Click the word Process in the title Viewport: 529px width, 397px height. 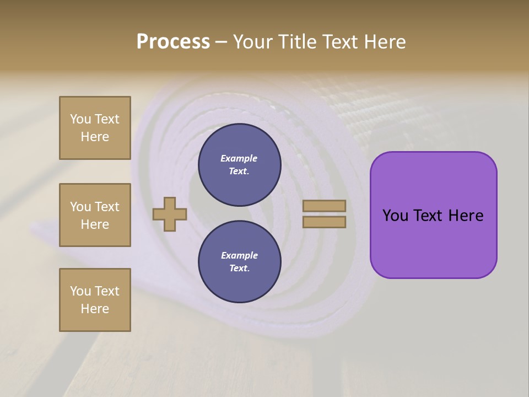click(173, 42)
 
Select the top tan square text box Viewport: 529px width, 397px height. click(95, 128)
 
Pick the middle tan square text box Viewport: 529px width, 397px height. click(95, 215)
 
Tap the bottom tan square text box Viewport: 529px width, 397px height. click(95, 300)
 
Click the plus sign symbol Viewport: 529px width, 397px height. click(170, 214)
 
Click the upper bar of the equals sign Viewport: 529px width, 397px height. click(324, 206)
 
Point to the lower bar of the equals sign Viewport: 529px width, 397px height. click(324, 222)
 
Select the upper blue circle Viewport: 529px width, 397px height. click(239, 165)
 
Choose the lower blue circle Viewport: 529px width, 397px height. click(239, 261)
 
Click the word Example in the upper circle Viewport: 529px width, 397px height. click(239, 159)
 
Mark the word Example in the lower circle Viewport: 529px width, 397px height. click(239, 255)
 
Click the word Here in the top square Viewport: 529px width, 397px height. click(95, 137)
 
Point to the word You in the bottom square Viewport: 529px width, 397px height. click(80, 291)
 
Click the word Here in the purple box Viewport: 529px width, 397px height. click(466, 216)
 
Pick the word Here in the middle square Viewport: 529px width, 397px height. click(95, 224)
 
